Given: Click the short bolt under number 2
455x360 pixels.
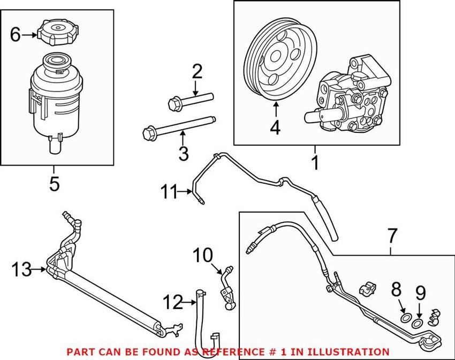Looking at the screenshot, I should pos(190,100).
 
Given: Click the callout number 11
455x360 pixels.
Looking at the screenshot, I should pos(169,191).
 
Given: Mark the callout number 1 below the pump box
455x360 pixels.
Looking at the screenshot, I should pos(315,161).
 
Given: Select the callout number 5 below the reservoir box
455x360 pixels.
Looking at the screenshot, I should pos(55,184).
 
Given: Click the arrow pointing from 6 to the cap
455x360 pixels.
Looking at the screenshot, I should pos(30,35).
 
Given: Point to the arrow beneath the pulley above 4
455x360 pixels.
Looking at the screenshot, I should pos(276,110).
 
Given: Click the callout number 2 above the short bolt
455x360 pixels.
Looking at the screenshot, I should pos(197,71).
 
